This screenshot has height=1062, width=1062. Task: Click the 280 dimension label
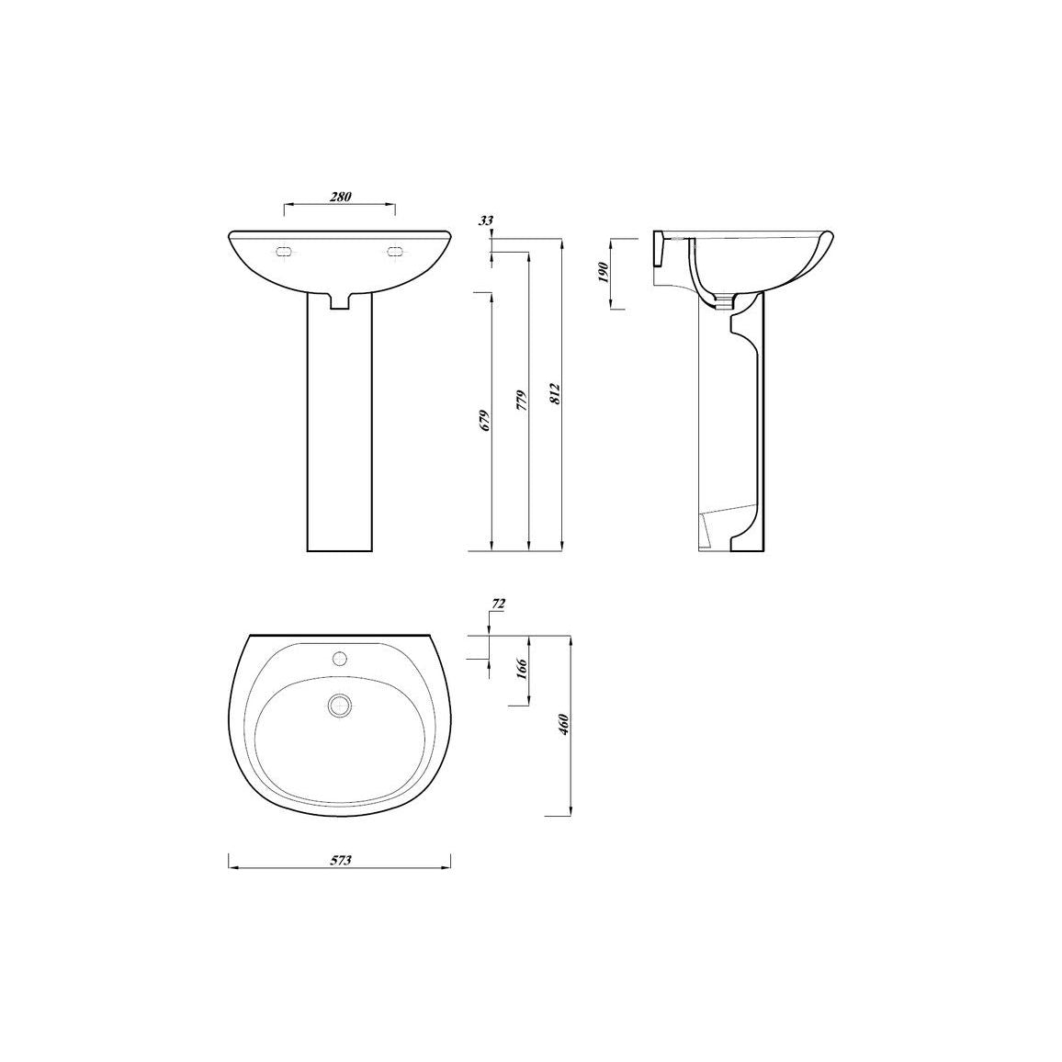[341, 198]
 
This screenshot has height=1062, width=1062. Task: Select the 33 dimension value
[486, 220]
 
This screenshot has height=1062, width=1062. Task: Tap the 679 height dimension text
[483, 421]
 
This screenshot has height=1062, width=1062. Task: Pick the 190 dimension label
[604, 272]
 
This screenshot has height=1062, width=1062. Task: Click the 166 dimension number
[522, 669]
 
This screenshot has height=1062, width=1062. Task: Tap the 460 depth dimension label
[564, 725]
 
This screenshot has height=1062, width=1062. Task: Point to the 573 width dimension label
[341, 861]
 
